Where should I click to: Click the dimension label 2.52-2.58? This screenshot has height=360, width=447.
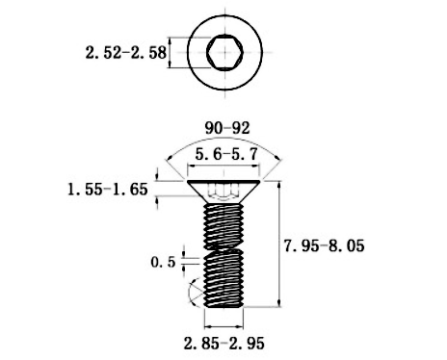pyautogui.click(x=126, y=53)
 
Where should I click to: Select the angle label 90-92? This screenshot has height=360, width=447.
pyautogui.click(x=227, y=128)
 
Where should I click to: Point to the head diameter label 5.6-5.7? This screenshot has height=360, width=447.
pyautogui.click(x=226, y=155)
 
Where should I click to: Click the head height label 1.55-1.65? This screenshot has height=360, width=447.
pyautogui.click(x=108, y=190)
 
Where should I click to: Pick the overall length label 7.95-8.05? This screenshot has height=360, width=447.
pyautogui.click(x=325, y=246)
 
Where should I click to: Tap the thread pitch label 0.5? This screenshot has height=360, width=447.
pyautogui.click(x=163, y=262)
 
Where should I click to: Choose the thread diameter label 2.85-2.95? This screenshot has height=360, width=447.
pyautogui.click(x=224, y=344)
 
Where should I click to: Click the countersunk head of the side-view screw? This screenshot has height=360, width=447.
pyautogui.click(x=223, y=192)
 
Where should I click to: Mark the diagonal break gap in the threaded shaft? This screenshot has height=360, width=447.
pyautogui.click(x=223, y=249)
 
